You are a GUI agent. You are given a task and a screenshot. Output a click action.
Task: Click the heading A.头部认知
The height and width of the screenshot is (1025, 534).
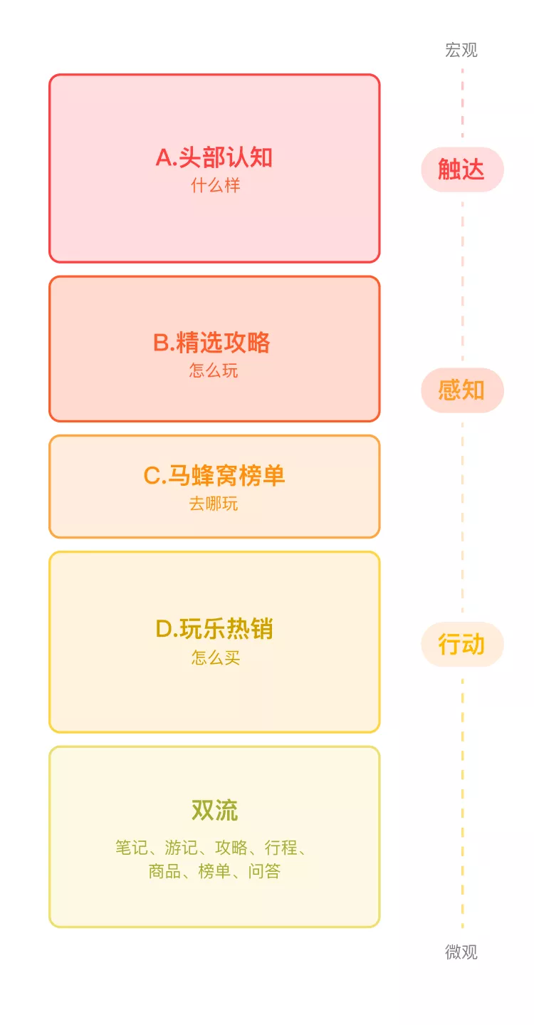point(214,157)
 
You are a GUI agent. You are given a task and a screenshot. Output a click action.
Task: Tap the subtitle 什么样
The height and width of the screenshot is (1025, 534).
point(215,186)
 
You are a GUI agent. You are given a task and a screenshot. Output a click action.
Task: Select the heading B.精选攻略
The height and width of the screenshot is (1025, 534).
point(212,343)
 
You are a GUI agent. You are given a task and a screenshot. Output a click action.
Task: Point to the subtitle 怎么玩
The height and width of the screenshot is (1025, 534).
point(214,371)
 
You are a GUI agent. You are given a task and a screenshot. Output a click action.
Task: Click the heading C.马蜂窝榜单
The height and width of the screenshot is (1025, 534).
point(214,475)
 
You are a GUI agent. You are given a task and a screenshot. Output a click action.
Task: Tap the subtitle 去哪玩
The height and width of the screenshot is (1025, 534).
point(214,504)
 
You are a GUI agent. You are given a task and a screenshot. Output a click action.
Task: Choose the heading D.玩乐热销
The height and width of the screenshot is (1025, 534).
point(214,629)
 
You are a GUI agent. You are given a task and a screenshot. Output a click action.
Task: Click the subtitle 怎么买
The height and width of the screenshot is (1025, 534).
point(215,657)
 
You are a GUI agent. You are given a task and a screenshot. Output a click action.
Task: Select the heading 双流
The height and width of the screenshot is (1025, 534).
point(214,811)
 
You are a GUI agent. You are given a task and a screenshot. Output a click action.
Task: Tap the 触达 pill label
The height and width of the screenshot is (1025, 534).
point(461,170)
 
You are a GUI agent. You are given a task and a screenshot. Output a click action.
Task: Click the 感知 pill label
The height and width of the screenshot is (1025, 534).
point(461,390)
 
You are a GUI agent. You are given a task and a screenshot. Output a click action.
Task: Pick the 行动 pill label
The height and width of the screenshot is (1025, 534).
point(461,645)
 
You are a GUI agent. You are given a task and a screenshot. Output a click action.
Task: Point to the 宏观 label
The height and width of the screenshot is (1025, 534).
point(461,50)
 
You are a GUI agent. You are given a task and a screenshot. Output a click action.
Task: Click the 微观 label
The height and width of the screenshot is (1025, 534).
point(461,952)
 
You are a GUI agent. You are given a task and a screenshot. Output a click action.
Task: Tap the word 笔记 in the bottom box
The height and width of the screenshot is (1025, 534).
point(132,848)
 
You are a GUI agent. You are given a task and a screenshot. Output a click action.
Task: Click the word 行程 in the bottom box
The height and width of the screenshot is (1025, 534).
point(281,848)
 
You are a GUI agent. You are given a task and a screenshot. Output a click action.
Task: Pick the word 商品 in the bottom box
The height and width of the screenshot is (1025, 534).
point(164,871)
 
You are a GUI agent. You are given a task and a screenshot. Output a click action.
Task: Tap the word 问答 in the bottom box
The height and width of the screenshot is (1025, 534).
point(264,871)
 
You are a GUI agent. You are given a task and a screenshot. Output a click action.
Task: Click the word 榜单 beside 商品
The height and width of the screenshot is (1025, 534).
point(214,871)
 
